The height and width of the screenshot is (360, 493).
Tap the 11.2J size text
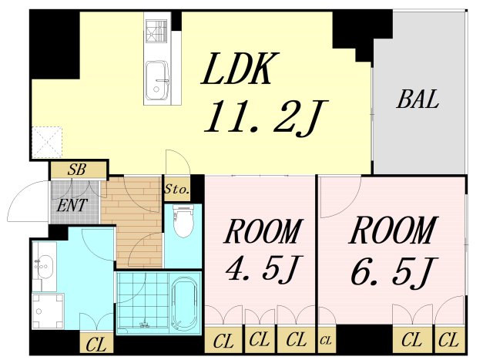[261, 117]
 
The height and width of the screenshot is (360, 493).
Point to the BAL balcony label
[418, 99]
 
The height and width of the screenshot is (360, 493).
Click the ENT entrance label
[71, 206]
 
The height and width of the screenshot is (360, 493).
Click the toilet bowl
[183, 223]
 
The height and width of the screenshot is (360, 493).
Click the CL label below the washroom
[96, 345]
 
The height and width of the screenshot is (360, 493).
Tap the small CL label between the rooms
[325, 339]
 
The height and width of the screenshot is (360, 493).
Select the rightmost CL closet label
[449, 338]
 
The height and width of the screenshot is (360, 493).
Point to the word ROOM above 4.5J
[261, 230]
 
